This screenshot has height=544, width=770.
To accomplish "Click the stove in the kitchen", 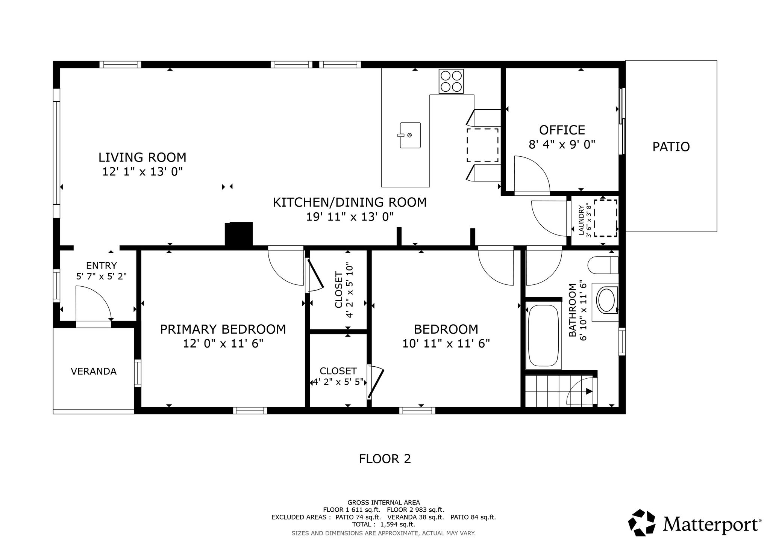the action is click(451, 81).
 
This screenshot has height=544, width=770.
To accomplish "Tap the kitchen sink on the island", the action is click(410, 135).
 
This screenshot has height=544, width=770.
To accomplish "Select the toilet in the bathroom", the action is click(603, 265).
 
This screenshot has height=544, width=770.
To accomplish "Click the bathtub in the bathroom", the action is click(543, 335).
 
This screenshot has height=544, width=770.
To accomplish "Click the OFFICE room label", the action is click(562, 130).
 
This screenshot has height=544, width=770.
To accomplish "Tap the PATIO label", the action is click(671, 147).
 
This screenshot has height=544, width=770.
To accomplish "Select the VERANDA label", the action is click(94, 371).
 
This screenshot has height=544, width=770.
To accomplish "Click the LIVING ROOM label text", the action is click(142, 157).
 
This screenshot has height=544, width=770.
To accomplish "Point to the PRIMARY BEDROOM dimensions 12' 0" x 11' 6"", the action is click(223, 343).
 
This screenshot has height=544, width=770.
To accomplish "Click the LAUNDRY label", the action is click(581, 220).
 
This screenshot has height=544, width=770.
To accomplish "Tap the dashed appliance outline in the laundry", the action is click(606, 218).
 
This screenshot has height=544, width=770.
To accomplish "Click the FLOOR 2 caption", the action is click(385, 459).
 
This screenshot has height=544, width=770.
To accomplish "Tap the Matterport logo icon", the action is click(642, 523).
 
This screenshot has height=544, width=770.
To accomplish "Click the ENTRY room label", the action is click(102, 266).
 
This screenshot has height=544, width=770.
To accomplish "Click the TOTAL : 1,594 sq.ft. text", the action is click(383, 524).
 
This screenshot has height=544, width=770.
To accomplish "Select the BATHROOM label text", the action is click(572, 310).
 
